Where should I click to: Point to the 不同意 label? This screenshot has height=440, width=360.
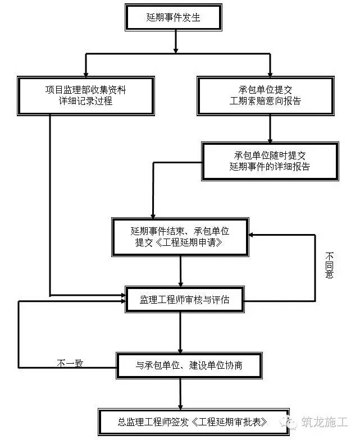pyautogui.click(x=329, y=265)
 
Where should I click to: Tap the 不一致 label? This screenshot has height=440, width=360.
pyautogui.click(x=70, y=364)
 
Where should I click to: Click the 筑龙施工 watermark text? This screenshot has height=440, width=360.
pyautogui.click(x=325, y=422)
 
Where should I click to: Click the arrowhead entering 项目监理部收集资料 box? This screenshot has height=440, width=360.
pyautogui.click(x=86, y=74)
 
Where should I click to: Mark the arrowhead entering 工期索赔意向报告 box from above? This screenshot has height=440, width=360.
pyautogui.click(x=270, y=74)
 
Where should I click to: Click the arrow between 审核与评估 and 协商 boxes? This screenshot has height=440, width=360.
pyautogui.click(x=180, y=332)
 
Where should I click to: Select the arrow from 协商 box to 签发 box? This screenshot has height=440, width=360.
pyautogui.click(x=180, y=394)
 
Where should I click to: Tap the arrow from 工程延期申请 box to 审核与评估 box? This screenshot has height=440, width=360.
pyautogui.click(x=181, y=272)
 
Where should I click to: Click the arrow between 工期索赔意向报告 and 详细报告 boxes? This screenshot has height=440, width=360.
pyautogui.click(x=270, y=129)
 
